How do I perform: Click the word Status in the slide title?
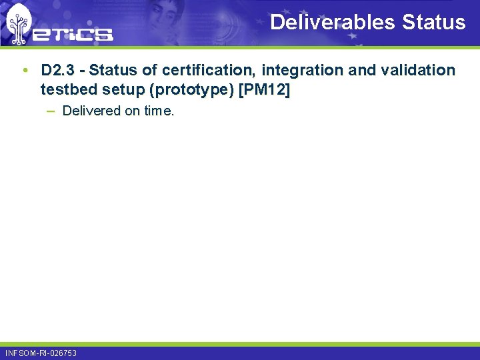434,22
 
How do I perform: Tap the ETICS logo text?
74,33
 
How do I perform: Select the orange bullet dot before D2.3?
25,70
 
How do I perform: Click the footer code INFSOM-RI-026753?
41,353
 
